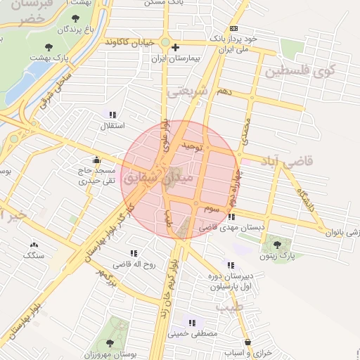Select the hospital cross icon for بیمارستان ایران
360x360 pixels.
[x=176, y=46]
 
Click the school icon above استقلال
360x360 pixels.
[x=113, y=114]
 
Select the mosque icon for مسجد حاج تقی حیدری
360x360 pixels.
[x=96, y=160]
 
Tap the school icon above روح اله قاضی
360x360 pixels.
[x=131, y=252]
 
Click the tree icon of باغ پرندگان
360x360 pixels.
[x=75, y=18]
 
